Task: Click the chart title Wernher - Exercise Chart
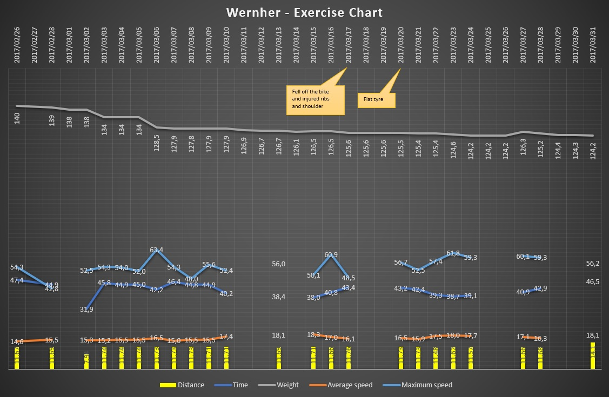(x=304, y=12)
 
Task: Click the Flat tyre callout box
(x=377, y=100)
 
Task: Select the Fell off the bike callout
(x=315, y=99)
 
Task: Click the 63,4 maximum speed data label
(x=157, y=250)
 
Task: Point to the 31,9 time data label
(x=86, y=309)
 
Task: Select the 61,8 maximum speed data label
(x=453, y=253)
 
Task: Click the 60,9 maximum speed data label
(x=331, y=255)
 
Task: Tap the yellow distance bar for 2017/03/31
(x=593, y=355)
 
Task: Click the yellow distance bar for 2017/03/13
(x=279, y=358)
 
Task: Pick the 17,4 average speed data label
(x=226, y=337)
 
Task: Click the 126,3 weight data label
(x=523, y=148)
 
